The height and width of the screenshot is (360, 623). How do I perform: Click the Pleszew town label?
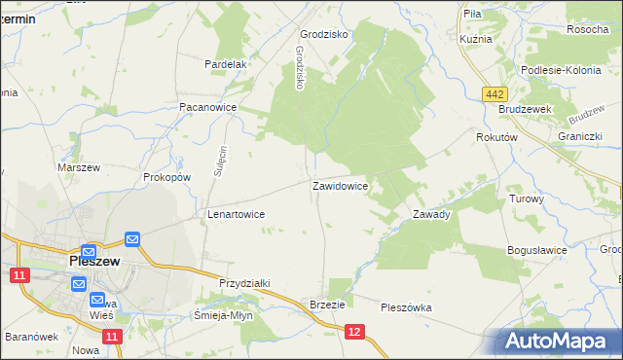click(x=93, y=262)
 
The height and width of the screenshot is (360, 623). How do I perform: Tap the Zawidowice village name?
click(x=339, y=185)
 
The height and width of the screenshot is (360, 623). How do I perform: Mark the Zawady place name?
click(x=431, y=214)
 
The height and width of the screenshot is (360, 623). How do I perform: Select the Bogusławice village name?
click(x=536, y=250)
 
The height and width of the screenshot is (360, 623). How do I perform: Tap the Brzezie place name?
click(x=328, y=305)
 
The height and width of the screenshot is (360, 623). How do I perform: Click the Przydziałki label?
click(x=243, y=282)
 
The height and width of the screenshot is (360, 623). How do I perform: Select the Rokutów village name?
click(x=495, y=138)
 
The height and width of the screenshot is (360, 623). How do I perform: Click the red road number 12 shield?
click(x=354, y=333)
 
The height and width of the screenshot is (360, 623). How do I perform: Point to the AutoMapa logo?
click(x=559, y=342)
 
